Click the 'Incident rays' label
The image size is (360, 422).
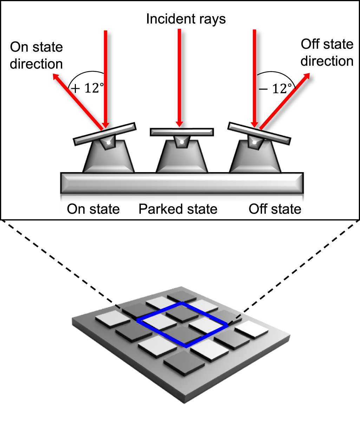pyautogui.click(x=186, y=19)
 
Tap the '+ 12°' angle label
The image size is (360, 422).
pyautogui.click(x=86, y=88)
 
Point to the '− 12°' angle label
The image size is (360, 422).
pyautogui.click(x=275, y=89)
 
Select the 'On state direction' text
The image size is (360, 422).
pyautogui.click(x=36, y=56)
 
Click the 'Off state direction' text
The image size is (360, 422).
pyautogui.click(x=327, y=53)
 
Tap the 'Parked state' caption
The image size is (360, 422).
pyautogui.click(x=178, y=209)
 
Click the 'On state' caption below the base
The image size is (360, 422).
pyautogui.click(x=93, y=209)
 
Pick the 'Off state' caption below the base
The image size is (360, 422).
pyautogui.click(x=275, y=209)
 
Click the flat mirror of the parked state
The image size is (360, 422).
pyautogui.click(x=182, y=132)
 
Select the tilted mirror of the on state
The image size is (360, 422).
pyautogui.click(x=104, y=134)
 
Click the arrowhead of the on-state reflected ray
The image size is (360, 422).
pyautogui.click(x=55, y=77)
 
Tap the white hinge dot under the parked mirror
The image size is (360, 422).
pyautogui.click(x=181, y=142)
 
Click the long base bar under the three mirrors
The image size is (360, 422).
pyautogui.click(x=182, y=183)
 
